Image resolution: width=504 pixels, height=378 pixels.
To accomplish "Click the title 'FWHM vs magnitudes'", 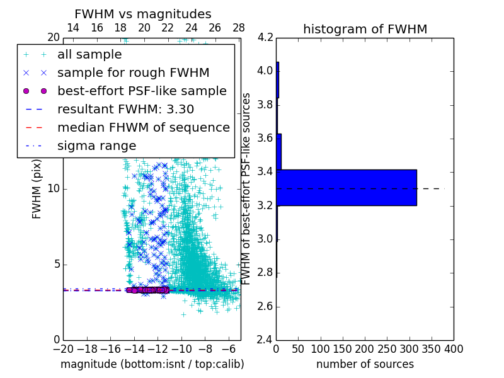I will (x=143, y=14).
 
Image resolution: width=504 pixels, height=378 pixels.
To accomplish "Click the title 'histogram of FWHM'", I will (x=365, y=29).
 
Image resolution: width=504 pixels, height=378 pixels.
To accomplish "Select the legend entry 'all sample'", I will (x=89, y=55).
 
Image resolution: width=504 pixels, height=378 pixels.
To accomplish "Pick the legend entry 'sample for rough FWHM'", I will (x=133, y=73).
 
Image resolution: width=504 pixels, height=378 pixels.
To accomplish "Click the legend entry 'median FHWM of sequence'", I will (x=143, y=127).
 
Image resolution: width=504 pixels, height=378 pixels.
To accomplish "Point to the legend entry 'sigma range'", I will (x=96, y=146).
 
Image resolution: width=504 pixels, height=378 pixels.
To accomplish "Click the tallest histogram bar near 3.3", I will (x=346, y=187).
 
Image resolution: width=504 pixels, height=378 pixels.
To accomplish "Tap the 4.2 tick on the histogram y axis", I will (x=265, y=37).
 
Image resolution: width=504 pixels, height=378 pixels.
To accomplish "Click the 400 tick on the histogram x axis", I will (x=454, y=349).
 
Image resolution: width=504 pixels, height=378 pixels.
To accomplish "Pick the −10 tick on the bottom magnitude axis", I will (x=181, y=349).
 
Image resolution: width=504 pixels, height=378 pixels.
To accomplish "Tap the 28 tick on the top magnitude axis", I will (x=239, y=28).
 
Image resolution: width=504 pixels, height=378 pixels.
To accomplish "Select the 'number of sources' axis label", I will (x=365, y=364).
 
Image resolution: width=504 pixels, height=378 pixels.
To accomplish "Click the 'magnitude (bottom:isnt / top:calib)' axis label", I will (x=152, y=364).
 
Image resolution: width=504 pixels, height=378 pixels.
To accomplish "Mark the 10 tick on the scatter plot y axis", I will (x=54, y=189).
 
